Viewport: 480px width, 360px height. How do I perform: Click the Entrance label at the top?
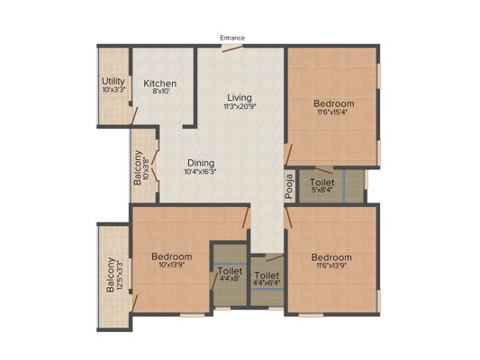coord(231,38)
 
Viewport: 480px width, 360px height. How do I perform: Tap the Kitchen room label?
coord(160,84)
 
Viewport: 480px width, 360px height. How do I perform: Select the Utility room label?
coord(113,81)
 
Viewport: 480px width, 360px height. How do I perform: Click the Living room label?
coord(239,97)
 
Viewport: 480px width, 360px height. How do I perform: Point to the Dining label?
coord(200,162)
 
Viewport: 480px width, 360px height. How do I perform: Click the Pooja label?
coord(290,184)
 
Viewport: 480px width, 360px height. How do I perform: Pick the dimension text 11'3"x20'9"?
coord(239,107)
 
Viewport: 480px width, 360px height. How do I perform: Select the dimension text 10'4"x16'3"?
coord(200,171)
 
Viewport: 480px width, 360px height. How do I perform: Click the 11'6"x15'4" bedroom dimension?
coord(332,112)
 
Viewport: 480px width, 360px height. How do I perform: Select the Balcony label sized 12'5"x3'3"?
coord(110,275)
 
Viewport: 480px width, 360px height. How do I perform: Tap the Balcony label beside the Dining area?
coord(138,167)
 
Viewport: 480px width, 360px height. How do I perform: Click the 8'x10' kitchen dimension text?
coord(160,93)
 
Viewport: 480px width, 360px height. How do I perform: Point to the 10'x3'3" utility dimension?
coord(113,90)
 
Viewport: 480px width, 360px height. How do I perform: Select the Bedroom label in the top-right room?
coord(332,103)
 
